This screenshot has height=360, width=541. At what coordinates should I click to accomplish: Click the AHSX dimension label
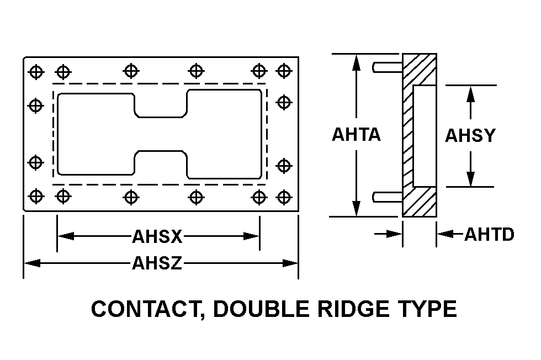pos(157,236)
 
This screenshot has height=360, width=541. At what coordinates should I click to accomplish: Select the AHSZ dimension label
pos(157,263)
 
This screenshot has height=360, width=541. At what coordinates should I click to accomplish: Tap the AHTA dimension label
pos(356,134)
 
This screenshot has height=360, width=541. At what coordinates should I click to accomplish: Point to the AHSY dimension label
pos(470,135)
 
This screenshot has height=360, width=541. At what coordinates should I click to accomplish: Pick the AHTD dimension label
pos(489,235)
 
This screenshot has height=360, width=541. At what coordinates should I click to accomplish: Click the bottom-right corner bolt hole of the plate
pos(283,196)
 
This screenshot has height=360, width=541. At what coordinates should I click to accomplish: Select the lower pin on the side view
pos(386,196)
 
